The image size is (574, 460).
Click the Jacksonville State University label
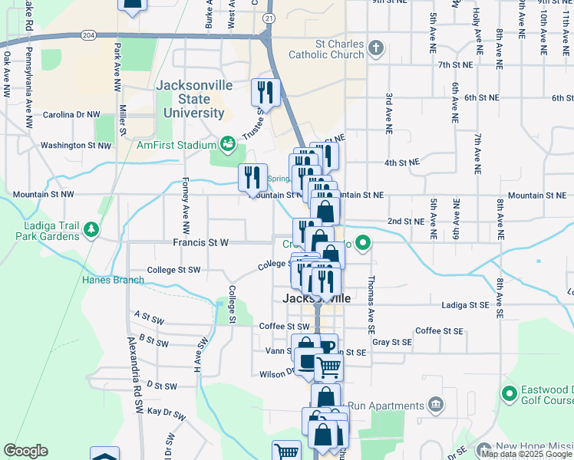click(x=193, y=100)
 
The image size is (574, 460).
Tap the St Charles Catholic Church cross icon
click(x=376, y=48)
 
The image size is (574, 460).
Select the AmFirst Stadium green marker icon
click(x=227, y=143)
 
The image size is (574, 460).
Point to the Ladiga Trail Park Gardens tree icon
click(x=91, y=229)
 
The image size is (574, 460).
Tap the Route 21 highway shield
click(x=267, y=17)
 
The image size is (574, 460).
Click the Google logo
click(x=25, y=451)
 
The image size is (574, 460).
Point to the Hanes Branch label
click(x=114, y=280)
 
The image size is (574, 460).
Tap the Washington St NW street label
click(x=75, y=145)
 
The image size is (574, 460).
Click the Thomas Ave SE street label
click(x=371, y=299)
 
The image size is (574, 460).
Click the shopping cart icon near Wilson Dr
click(x=328, y=368)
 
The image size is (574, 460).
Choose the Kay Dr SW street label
click(x=167, y=414)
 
